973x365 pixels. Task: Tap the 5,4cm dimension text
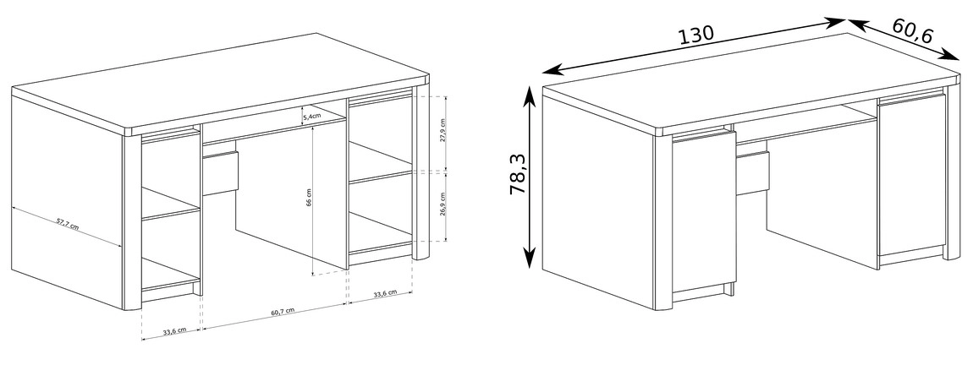coord(312,115)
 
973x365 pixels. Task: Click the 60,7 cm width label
coord(283,312)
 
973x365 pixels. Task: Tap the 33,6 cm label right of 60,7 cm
coord(385,293)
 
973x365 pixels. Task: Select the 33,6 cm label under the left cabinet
coord(174,331)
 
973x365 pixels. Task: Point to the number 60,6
coord(913,31)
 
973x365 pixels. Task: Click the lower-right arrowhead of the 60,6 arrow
coord(951,55)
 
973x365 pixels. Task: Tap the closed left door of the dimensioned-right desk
coord(704,211)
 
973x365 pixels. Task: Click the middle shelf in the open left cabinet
coord(171,204)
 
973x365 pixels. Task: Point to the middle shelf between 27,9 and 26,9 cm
coord(381,162)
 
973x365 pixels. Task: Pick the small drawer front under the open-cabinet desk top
coord(220,172)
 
